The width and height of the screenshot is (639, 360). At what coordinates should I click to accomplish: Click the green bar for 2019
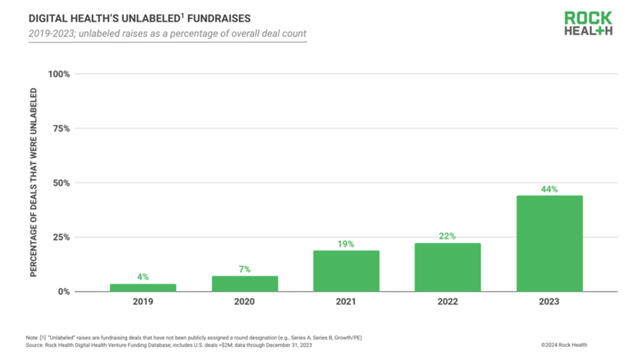[143, 288]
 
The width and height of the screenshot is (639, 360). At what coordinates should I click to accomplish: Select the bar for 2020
[245, 284]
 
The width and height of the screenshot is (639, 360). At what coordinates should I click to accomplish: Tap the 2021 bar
[346, 270]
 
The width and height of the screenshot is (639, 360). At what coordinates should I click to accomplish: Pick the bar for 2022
[448, 267]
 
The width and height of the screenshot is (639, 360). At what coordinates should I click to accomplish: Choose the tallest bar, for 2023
[549, 243]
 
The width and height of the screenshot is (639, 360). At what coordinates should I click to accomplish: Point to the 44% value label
[549, 189]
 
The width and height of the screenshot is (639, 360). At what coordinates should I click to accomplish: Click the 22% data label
[448, 237]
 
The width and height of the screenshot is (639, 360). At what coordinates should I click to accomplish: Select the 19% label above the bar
[346, 244]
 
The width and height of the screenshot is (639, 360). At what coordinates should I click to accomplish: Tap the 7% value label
[245, 270]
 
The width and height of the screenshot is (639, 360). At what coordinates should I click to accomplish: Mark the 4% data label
[143, 277]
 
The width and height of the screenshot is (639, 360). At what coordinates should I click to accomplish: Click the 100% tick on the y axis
[58, 75]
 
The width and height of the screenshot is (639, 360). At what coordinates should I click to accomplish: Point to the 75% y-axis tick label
[61, 129]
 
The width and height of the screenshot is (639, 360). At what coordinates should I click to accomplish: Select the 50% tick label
[61, 183]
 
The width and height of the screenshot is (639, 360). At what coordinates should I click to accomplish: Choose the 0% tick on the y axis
[63, 292]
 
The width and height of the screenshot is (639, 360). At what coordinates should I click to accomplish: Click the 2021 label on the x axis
[346, 302]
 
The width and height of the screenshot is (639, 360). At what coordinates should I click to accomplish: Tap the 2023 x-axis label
[549, 302]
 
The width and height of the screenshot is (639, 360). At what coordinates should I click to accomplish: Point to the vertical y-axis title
[34, 183]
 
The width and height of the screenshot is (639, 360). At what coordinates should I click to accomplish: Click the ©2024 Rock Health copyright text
[564, 345]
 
